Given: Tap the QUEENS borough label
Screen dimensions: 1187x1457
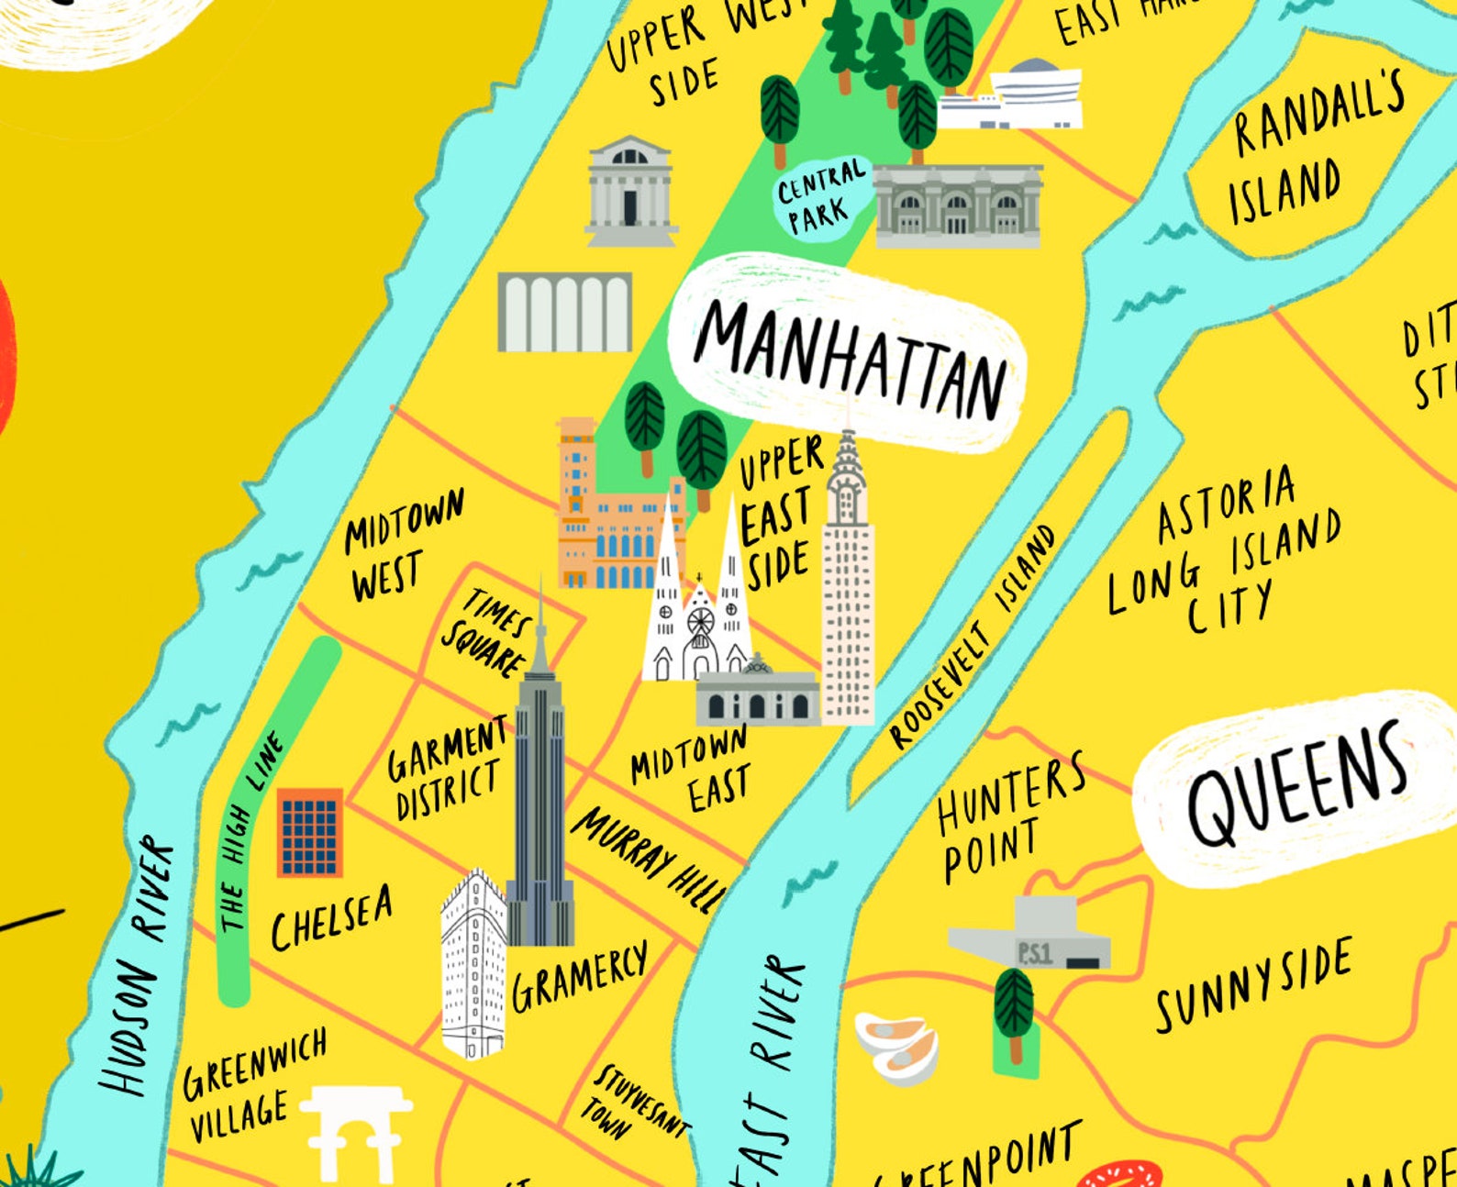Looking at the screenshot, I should click(1296, 784).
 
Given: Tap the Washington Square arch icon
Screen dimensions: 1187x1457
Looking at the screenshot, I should click(356, 1133).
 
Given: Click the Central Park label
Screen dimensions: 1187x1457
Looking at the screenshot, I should click(820, 195).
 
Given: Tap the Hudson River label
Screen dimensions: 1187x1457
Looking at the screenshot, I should click(138, 963).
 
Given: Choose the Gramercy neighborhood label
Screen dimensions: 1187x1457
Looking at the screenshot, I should click(578, 977).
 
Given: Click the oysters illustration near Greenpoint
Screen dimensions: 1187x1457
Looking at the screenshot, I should click(897, 1046).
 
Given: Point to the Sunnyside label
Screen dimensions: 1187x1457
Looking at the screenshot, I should click(1252, 986).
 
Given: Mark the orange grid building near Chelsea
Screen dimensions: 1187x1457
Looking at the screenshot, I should click(310, 833).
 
